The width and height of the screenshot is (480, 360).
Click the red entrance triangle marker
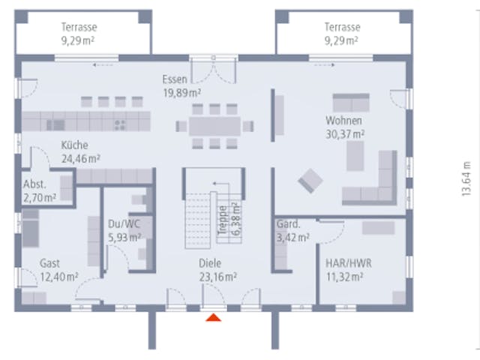pyautogui.click(x=213, y=318)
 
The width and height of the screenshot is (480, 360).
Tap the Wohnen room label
pyautogui.click(x=343, y=121)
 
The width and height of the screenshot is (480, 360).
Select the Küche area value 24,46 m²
pyautogui.click(x=81, y=158)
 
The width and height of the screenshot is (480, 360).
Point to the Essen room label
pyautogui.click(x=175, y=79)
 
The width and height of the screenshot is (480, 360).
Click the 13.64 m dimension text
pyautogui.click(x=466, y=178)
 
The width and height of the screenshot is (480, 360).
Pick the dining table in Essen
pyautogui.click(x=214, y=126)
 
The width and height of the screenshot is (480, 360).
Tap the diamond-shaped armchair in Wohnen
pyautogui.click(x=310, y=181)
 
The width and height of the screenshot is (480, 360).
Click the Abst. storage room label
pyautogui.click(x=35, y=184)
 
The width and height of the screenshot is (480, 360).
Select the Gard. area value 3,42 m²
pyautogui.click(x=293, y=237)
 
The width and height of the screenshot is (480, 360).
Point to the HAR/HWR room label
pyautogui.click(x=348, y=263)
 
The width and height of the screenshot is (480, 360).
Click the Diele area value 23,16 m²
pyautogui.click(x=217, y=277)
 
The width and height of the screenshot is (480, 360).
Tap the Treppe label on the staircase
pyautogui.click(x=223, y=220)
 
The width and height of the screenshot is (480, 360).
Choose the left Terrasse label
pyautogui.click(x=79, y=27)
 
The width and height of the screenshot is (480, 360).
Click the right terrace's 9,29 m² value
pyautogui.click(x=341, y=40)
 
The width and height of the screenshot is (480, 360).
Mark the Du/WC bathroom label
pyautogui.click(x=124, y=223)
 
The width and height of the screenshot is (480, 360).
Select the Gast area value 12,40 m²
pyautogui.click(x=59, y=277)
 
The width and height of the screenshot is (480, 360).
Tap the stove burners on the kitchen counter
pyautogui.click(x=120, y=125)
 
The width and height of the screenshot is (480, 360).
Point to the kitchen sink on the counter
pyautogui.click(x=56, y=125)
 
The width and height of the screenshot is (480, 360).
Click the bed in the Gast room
pyautogui.click(x=30, y=228)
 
